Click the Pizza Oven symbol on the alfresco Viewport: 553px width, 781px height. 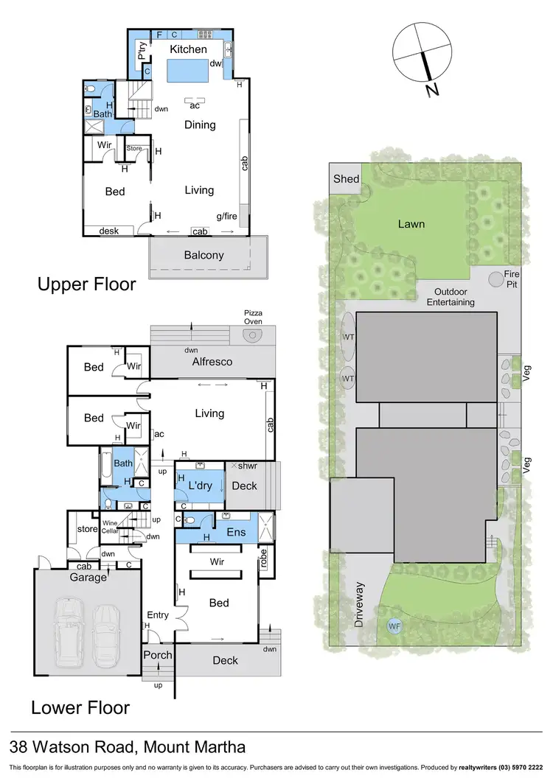click(253, 336)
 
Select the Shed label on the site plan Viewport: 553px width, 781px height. click(346, 179)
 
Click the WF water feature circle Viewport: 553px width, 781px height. click(392, 626)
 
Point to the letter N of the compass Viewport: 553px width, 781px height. click(431, 90)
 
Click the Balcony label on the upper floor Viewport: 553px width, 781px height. click(204, 256)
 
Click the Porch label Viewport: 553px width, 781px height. click(157, 655)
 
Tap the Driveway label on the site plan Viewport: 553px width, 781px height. click(360, 603)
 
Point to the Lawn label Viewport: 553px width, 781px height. click(411, 224)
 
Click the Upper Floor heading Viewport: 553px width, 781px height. click(87, 284)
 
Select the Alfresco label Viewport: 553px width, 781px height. click(212, 362)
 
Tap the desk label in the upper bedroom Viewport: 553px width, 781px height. click(109, 231)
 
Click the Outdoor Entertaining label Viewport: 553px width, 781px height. click(450, 297)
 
